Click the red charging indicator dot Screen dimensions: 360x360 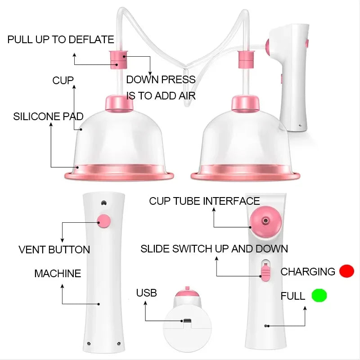point(346,271)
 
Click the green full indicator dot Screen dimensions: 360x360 point(319,295)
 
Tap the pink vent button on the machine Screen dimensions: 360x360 point(104,221)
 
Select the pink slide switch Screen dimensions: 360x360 point(266,272)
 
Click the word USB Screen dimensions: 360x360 point(147,293)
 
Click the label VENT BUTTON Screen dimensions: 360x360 point(54,250)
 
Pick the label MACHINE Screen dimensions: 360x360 point(58,274)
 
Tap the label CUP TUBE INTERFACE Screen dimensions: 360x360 point(204,201)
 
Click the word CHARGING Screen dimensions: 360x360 point(308,272)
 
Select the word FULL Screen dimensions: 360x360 point(293,296)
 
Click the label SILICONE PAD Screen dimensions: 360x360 point(48,117)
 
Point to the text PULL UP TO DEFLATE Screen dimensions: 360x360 point(61,40)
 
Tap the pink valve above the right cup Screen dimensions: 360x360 point(246,59)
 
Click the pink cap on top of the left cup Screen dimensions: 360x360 point(119,104)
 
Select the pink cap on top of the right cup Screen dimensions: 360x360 point(245,104)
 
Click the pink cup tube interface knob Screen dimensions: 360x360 point(265,221)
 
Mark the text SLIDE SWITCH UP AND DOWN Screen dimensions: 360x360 point(214,249)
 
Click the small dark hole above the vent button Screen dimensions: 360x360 point(104,203)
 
